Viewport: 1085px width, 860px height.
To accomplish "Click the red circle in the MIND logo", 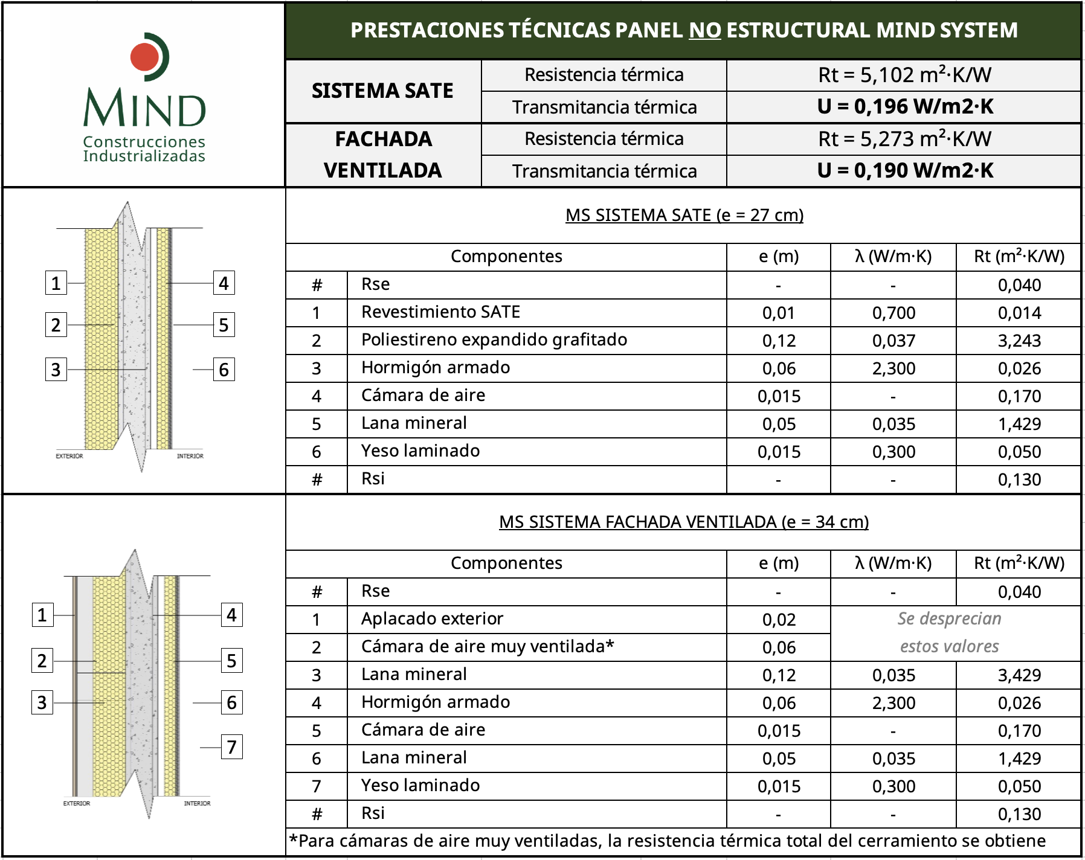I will (x=145, y=57).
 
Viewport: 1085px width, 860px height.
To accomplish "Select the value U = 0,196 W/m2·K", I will (x=904, y=107).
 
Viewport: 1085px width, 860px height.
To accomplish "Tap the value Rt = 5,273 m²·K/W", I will (x=904, y=139).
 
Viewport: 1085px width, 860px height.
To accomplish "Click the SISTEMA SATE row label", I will (x=382, y=91).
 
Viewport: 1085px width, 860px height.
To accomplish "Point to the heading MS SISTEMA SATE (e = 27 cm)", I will (x=684, y=215).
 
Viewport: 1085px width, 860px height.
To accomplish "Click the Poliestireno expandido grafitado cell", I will (x=494, y=340).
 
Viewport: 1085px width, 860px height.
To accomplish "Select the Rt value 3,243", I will (x=1019, y=341).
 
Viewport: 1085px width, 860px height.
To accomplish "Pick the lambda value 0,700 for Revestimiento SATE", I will (x=893, y=313).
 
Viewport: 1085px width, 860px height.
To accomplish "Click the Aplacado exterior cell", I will (x=432, y=619).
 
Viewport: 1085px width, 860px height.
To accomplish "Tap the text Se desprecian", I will (x=949, y=619).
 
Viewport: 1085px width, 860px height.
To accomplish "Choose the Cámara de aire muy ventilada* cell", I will (x=488, y=647).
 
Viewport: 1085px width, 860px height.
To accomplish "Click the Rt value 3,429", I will (x=1019, y=675).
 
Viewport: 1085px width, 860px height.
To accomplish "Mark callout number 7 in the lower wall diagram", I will (x=232, y=747).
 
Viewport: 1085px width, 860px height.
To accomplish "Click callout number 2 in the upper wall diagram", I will (x=56, y=325).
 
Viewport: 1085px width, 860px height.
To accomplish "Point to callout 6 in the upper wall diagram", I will (x=224, y=370).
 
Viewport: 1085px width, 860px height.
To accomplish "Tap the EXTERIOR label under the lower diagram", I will (x=77, y=803).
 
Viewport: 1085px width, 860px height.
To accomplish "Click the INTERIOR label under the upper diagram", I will (x=190, y=456).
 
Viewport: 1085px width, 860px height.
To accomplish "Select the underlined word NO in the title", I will (x=704, y=30).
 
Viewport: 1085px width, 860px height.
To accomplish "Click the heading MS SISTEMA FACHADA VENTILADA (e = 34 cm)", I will (x=684, y=522).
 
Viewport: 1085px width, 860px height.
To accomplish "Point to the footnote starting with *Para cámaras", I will (x=667, y=841).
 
